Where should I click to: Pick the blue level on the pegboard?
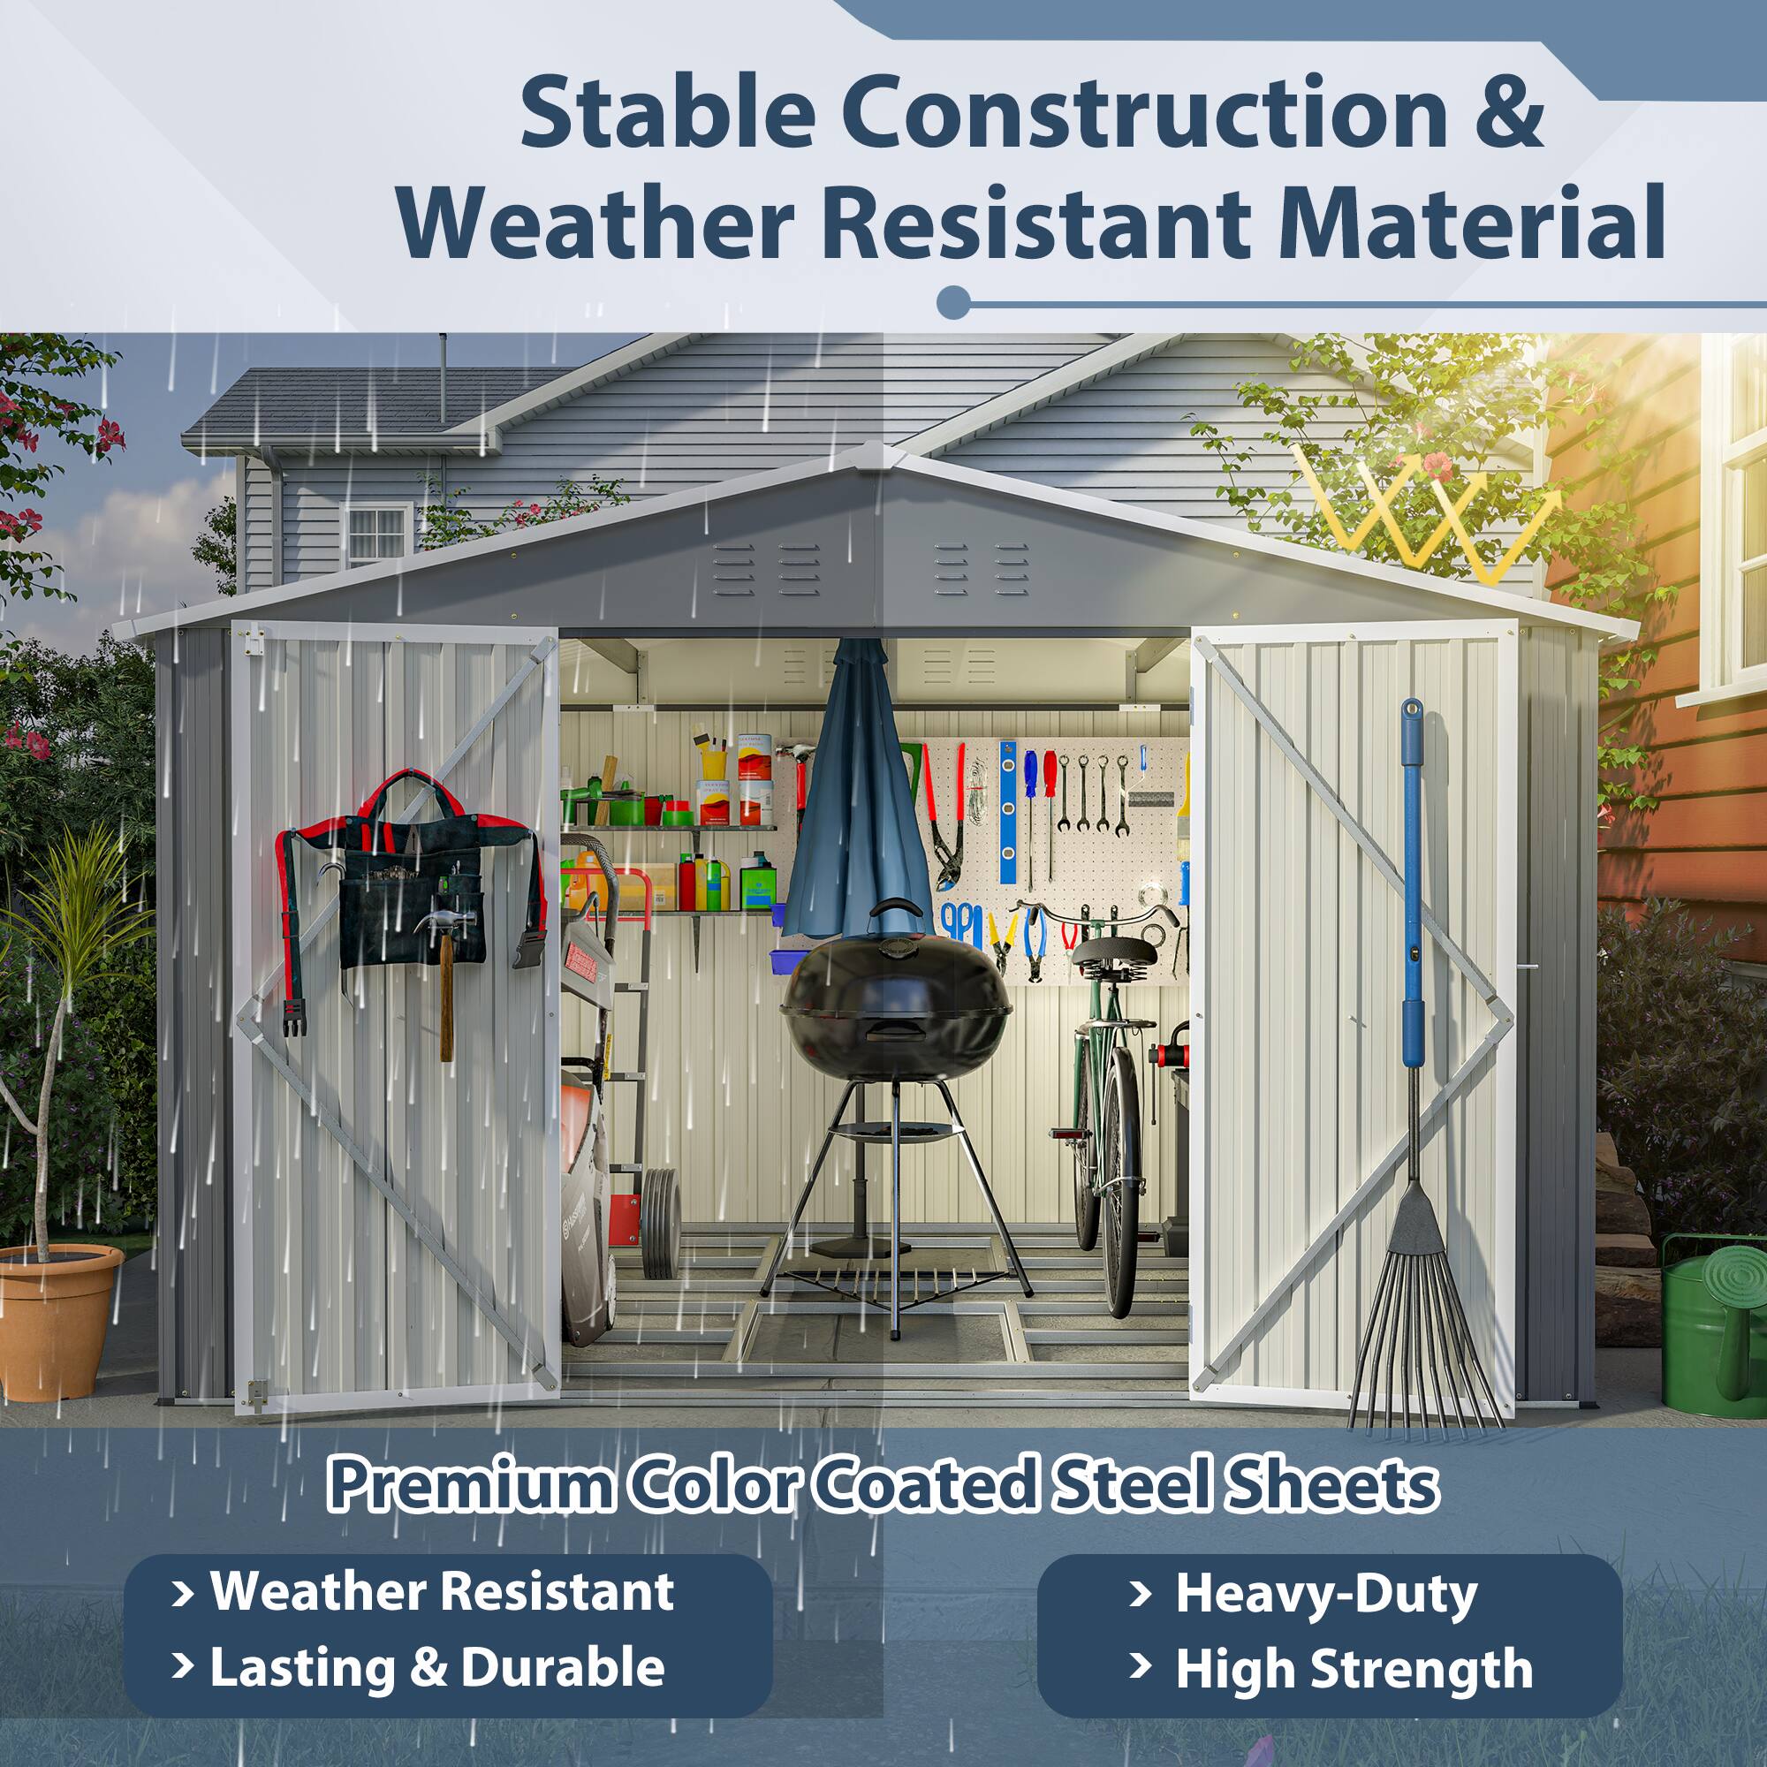[x=1007, y=814]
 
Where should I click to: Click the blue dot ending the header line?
[x=953, y=302]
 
